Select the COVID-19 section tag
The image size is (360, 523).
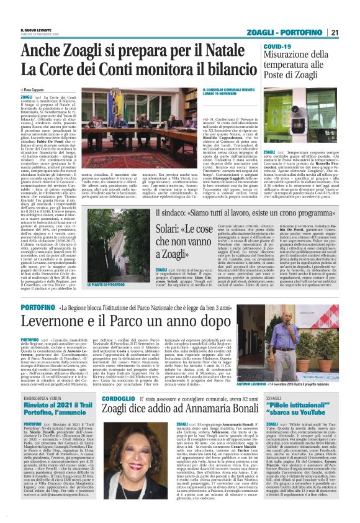coord(277,46)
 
